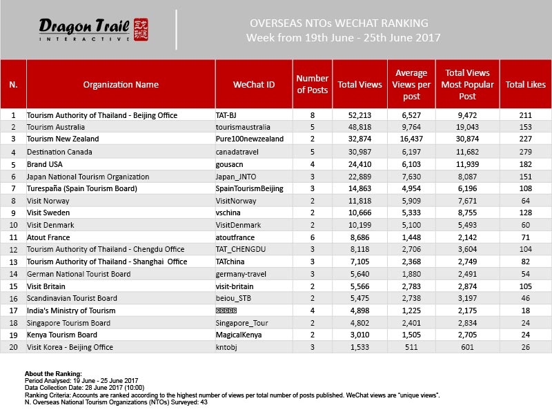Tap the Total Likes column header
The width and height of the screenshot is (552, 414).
pyautogui.click(x=525, y=85)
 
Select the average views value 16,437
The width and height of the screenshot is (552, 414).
pyautogui.click(x=411, y=139)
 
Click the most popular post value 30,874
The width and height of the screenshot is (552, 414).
pyautogui.click(x=468, y=139)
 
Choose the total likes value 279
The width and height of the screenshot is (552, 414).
pyautogui.click(x=526, y=152)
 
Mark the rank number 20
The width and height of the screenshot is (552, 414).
pyautogui.click(x=13, y=347)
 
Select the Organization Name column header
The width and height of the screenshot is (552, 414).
pyautogui.click(x=121, y=85)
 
